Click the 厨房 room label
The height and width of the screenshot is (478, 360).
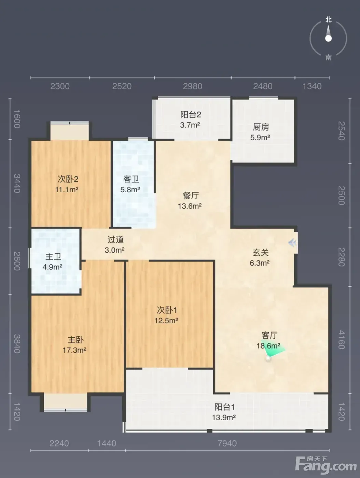tap(261, 127)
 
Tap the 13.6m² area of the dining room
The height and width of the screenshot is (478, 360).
tap(190, 206)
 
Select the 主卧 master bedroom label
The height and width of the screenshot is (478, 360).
tap(75, 340)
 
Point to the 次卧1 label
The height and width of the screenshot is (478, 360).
tap(167, 310)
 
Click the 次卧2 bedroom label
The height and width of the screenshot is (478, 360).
tap(68, 179)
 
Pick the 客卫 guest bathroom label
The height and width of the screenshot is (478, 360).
tap(131, 179)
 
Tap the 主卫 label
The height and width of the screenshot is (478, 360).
tap(53, 257)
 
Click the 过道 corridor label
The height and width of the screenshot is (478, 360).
tap(115, 240)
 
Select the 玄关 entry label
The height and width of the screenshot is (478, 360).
tap(261, 253)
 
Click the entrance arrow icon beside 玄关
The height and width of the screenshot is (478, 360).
tap(292, 243)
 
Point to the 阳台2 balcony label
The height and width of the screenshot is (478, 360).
tap(191, 114)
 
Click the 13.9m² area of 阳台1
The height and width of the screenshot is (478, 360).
tap(224, 418)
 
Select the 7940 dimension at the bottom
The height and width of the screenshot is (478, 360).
tap(227, 444)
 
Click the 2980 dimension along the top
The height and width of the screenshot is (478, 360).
tap(193, 86)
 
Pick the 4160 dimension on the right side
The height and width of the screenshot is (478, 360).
tap(342, 340)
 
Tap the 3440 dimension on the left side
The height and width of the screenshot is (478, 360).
tap(17, 184)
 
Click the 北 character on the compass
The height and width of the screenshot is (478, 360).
tap(329, 20)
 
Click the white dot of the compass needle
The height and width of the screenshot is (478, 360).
tap(329, 39)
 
